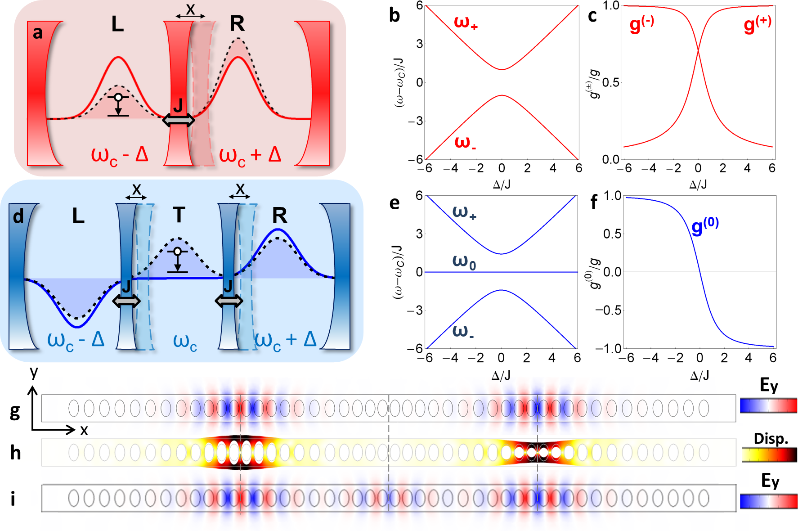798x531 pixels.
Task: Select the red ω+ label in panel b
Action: coord(465,22)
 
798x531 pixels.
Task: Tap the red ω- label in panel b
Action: coord(465,143)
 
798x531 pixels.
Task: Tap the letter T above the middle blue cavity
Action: coord(179,215)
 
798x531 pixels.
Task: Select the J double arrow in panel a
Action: coord(179,120)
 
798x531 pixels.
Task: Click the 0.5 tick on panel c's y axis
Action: coord(610,83)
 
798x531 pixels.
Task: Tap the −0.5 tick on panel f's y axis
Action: coord(608,310)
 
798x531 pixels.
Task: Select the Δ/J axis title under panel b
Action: coord(502,184)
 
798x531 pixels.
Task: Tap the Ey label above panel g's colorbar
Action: coord(768,385)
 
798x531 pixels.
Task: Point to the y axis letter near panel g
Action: coord(34,372)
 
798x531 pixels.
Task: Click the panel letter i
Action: coord(13,499)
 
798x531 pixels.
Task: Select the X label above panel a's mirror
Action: coord(191,9)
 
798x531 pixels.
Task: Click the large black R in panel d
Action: coord(279,216)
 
